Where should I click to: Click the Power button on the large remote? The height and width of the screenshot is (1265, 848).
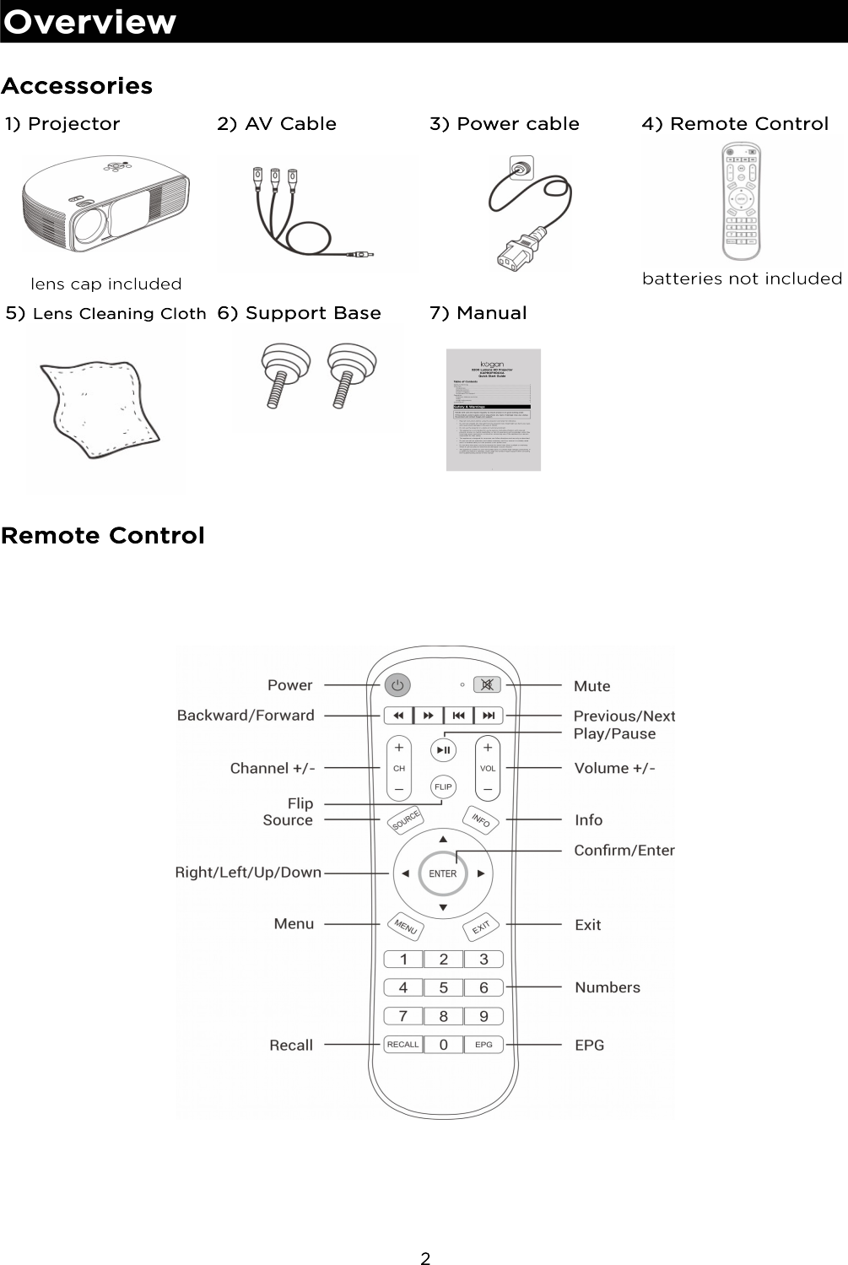coord(398,685)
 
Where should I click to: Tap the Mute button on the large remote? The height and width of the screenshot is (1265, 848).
coord(487,685)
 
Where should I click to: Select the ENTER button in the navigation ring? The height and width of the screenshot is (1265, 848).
coord(443,873)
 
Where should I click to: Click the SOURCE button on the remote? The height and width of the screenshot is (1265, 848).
coord(406,820)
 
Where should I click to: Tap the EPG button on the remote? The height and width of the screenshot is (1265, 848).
coord(483,1045)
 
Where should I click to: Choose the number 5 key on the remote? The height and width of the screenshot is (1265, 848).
coord(443,987)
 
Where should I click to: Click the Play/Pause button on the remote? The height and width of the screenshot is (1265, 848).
coord(443,749)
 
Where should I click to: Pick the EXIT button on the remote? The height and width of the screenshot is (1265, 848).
coord(481,927)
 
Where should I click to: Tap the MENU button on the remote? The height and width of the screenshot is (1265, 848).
coord(405,927)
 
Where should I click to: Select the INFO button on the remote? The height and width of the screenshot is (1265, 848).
coord(480,819)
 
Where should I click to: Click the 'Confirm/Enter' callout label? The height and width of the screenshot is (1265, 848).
coord(624,851)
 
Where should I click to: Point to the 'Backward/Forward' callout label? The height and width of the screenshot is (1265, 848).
coord(246,716)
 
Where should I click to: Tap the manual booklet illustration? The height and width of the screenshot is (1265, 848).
coord(493,410)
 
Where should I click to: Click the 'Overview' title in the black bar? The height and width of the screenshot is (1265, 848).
coord(90,22)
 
